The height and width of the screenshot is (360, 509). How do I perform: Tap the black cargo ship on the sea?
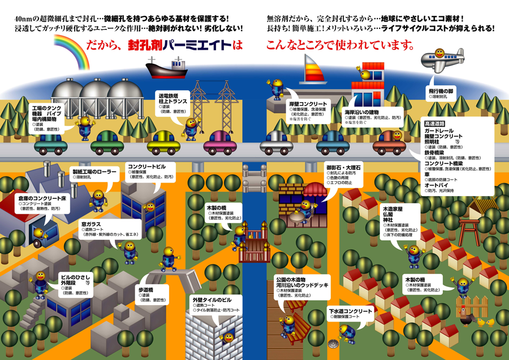[x=167, y=68]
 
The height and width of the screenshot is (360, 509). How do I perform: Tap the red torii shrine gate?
[x=468, y=229]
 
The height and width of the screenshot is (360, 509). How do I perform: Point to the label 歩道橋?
[x=146, y=290]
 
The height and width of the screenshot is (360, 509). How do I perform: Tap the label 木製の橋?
[x=216, y=208]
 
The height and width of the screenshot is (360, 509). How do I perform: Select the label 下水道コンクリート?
[x=350, y=311]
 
